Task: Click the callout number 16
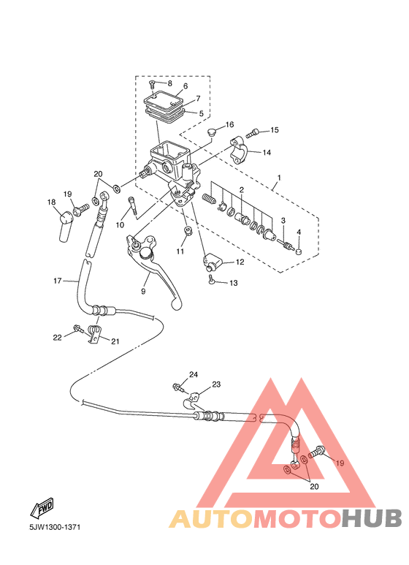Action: tap(230, 125)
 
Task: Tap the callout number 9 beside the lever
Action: tap(143, 291)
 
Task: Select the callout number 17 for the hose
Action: tap(58, 281)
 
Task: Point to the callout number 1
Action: tap(279, 178)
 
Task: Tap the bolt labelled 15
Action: tap(253, 132)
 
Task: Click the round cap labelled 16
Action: tap(211, 132)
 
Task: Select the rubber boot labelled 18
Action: tap(66, 227)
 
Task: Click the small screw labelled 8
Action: tap(151, 85)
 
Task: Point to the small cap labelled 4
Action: tap(299, 251)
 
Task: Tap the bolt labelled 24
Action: tap(179, 388)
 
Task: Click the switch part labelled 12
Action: tap(213, 262)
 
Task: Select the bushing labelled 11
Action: tap(188, 231)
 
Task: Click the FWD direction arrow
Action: tap(42, 508)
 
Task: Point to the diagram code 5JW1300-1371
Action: tap(55, 527)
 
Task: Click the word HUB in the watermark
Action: tap(372, 517)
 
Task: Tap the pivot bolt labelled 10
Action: tap(132, 206)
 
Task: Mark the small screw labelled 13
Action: tap(211, 279)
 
